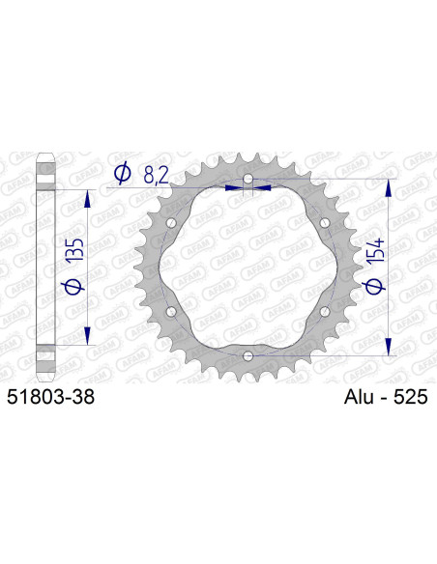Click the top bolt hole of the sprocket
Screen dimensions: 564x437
[x=248, y=181]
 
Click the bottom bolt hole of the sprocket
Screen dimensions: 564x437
[x=248, y=356]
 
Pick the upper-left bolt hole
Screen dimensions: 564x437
[x=172, y=224]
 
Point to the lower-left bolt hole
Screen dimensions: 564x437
[x=172, y=312]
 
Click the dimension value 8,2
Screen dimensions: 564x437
[x=160, y=175]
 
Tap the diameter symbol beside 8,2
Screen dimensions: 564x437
[x=123, y=175]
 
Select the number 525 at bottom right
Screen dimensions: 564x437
[x=409, y=397]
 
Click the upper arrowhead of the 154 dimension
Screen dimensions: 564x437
[x=390, y=186]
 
